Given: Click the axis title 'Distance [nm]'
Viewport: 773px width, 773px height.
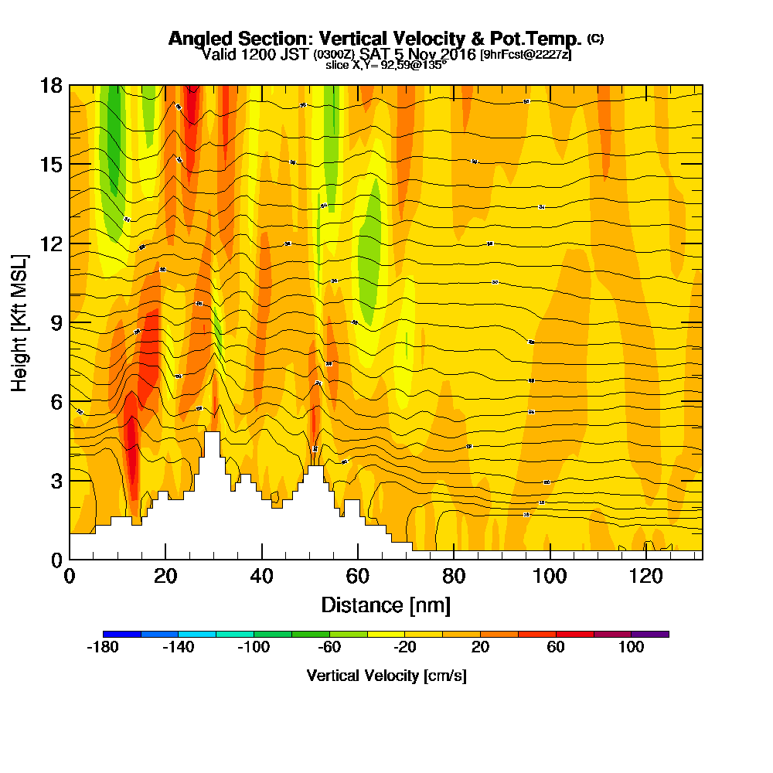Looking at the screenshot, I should (x=386, y=604).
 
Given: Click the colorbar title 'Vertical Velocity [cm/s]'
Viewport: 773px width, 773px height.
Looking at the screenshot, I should (x=386, y=676).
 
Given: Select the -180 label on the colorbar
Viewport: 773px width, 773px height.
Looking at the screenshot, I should (x=103, y=648).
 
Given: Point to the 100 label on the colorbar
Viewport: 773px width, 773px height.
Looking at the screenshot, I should (x=632, y=648).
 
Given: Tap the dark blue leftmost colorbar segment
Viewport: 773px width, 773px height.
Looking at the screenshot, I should (x=122, y=634).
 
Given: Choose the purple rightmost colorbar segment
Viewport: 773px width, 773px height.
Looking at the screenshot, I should (x=650, y=634).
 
